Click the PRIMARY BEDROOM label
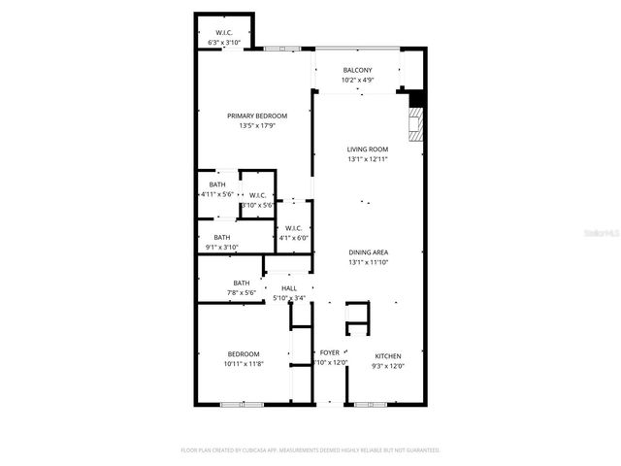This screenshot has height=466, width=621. pos(257,116)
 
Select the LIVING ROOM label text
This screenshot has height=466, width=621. pos(368,150)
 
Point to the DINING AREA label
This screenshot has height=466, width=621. pos(368,252)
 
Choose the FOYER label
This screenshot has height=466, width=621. pos(330,352)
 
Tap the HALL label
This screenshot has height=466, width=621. pos(289,288)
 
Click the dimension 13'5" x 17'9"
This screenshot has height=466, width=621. pos(257,126)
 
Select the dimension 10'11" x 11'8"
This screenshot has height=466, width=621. pos(244,364)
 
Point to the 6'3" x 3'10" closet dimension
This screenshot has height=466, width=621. pos(225,43)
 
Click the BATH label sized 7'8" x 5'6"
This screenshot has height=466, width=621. pos(241,283)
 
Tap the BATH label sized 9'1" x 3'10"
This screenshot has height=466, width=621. pos(222,237)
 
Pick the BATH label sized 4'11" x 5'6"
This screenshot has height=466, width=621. pos(217,185)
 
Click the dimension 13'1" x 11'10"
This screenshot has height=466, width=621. pos(368,262)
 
